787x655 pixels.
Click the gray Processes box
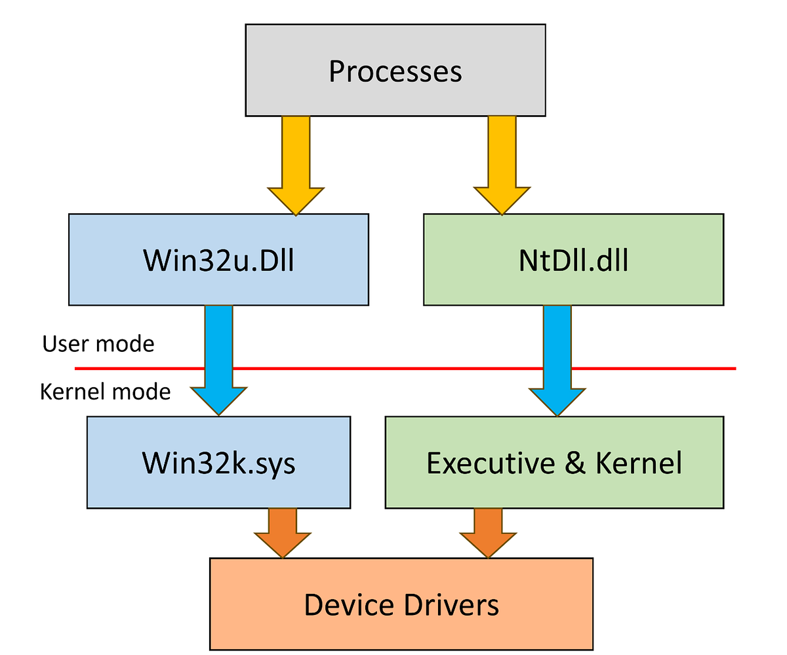tap(395, 70)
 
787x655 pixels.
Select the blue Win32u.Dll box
tap(218, 259)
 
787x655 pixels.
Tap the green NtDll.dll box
tap(573, 259)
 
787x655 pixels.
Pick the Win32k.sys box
tap(218, 462)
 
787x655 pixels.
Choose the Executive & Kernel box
tap(554, 462)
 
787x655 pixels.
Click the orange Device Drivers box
tap(401, 604)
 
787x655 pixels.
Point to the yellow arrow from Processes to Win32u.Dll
tap(295, 164)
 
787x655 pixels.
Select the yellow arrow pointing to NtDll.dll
tap(502, 164)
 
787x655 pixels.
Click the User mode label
tap(98, 343)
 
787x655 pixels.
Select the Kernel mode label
tap(105, 392)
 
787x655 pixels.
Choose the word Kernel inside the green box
tap(638, 463)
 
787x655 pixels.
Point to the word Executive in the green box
tap(491, 463)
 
